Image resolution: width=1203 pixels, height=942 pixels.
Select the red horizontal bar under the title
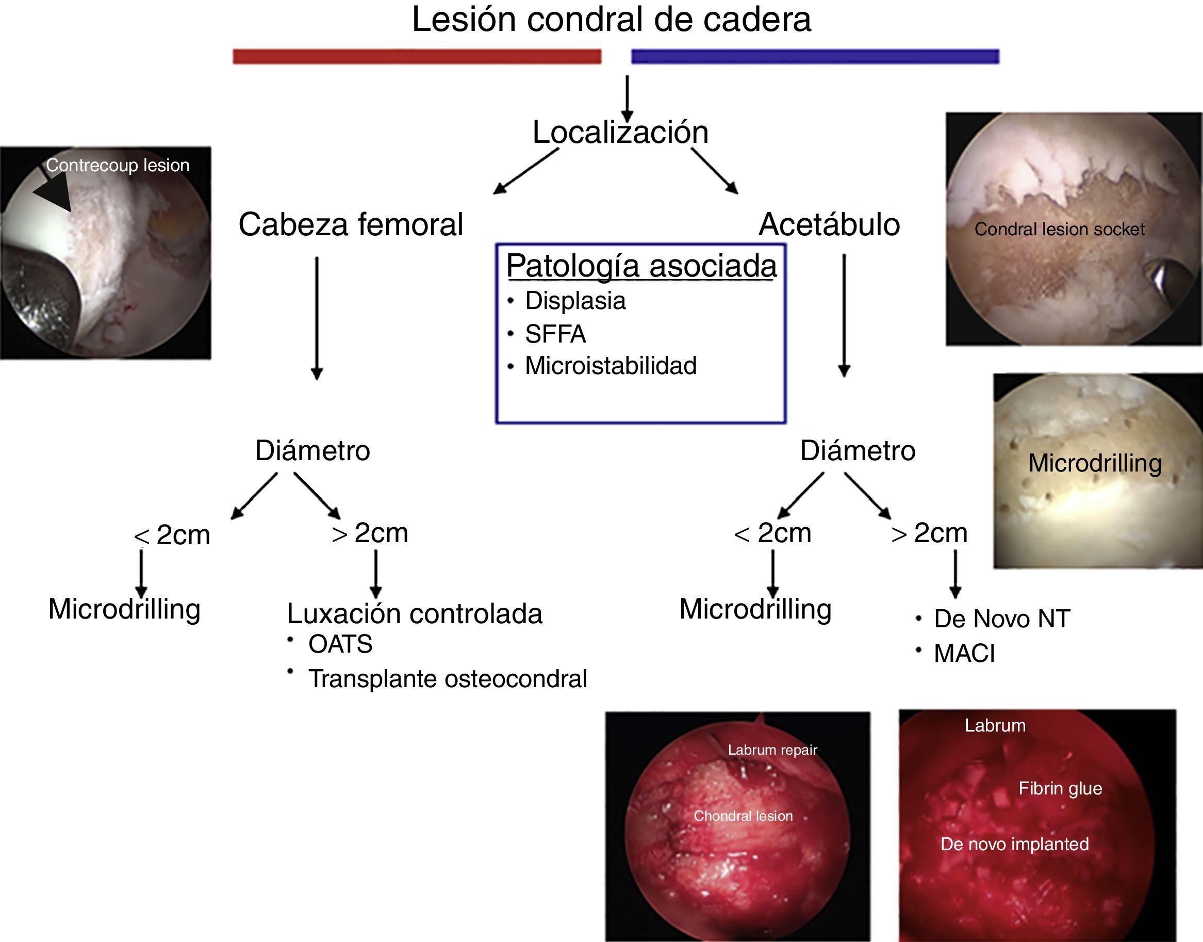[417, 56]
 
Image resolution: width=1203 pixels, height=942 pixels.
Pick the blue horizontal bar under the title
[815, 56]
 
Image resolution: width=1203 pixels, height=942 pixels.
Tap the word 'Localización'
[620, 133]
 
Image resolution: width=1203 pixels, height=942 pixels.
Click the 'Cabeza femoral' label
[351, 224]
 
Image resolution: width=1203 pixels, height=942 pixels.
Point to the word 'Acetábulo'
[829, 224]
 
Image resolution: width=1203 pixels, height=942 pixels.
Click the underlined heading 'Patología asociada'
[641, 266]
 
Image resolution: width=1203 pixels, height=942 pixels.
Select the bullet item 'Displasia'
[575, 301]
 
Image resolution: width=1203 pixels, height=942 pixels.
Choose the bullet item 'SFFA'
[555, 334]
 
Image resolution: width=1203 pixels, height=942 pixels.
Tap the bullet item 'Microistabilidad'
[611, 366]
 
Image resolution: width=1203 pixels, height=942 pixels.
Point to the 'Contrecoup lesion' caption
[118, 165]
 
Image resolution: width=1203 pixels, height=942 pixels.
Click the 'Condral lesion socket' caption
[1059, 229]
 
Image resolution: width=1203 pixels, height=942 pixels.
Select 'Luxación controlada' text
[415, 614]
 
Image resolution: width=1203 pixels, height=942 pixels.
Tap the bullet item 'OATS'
[340, 644]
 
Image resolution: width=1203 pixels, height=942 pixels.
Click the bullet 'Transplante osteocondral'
[447, 679]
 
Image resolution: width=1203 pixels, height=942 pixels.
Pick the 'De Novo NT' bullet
[1001, 619]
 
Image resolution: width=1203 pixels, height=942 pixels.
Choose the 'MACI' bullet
[964, 654]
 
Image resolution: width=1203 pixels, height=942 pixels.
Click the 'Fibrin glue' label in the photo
[1060, 788]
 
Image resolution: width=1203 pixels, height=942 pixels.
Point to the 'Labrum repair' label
[772, 750]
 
